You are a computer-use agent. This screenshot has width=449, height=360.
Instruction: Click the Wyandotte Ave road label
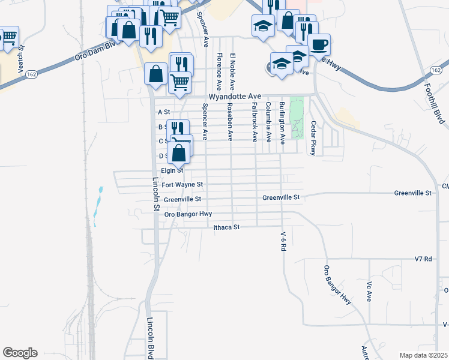pyautogui.click(x=235, y=96)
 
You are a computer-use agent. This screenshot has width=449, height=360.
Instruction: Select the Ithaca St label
pyautogui.click(x=227, y=227)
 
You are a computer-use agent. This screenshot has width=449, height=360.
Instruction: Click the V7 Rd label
pyautogui.click(x=423, y=259)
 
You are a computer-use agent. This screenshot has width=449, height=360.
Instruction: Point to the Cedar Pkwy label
pyautogui.click(x=313, y=138)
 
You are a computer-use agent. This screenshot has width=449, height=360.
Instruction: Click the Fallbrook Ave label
pyautogui.click(x=255, y=122)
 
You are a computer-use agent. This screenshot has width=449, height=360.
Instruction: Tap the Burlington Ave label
pyautogui.click(x=282, y=124)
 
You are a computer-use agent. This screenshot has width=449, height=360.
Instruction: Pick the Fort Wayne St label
pyautogui.click(x=182, y=185)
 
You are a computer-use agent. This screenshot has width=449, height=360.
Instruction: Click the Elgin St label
pyautogui.click(x=171, y=170)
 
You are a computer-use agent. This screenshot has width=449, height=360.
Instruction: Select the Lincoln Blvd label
pyautogui.click(x=151, y=338)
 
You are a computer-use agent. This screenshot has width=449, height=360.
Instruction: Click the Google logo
pyautogui.click(x=20, y=353)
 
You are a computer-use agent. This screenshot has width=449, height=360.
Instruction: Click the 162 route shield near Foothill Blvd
pyautogui.click(x=436, y=70)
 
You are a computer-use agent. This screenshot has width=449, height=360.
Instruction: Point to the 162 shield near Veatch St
pyautogui.click(x=32, y=74)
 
